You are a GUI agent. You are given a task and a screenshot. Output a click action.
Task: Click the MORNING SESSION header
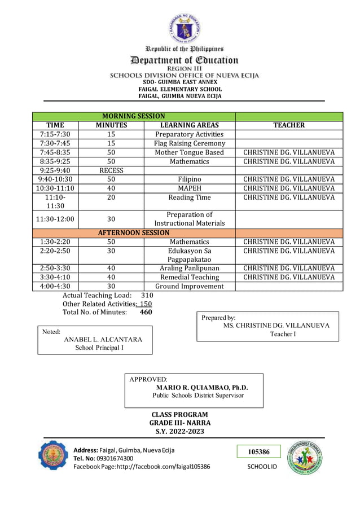(133, 116)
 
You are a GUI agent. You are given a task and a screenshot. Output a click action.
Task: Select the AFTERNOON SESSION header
(133, 232)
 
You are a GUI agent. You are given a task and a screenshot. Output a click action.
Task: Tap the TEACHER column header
(289, 125)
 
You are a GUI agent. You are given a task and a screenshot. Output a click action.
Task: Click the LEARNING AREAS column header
(190, 125)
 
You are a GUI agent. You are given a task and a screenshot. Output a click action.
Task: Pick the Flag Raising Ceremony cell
(190, 143)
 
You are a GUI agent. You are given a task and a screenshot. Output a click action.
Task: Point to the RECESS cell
(111, 170)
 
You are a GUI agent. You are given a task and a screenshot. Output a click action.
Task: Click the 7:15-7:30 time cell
(55, 134)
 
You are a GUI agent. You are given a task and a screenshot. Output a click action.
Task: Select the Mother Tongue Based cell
(190, 152)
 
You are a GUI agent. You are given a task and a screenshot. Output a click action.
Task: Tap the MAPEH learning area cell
(190, 188)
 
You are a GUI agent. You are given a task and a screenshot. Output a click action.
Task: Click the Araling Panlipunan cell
(190, 268)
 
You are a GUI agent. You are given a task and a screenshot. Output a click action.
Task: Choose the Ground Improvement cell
(190, 286)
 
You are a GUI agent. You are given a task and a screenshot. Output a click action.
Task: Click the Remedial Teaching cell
(190, 277)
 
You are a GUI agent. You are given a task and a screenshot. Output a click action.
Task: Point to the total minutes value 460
(146, 312)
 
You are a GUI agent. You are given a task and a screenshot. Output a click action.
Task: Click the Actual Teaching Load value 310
(147, 295)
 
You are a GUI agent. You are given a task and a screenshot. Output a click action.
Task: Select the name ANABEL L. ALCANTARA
(103, 339)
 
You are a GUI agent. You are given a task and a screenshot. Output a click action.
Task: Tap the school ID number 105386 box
(258, 452)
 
